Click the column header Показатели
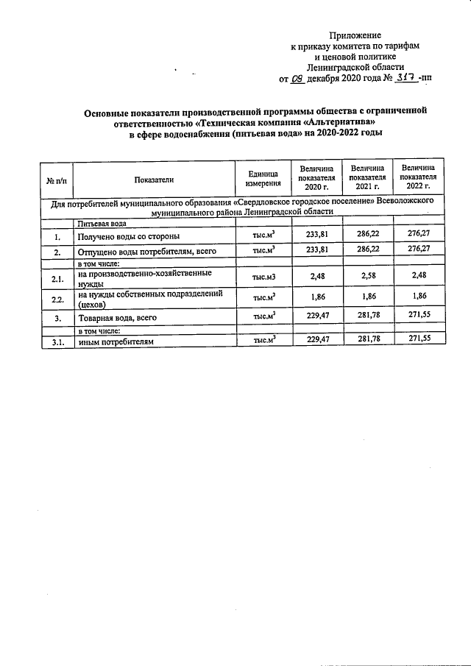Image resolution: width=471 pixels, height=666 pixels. click(x=154, y=179)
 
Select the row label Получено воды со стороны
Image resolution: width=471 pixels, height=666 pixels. click(x=129, y=237)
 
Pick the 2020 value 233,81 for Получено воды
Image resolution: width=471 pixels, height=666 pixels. click(x=316, y=236)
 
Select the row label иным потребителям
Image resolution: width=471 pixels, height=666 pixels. click(x=117, y=341)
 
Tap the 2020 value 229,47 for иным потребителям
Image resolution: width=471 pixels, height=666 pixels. click(x=316, y=340)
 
